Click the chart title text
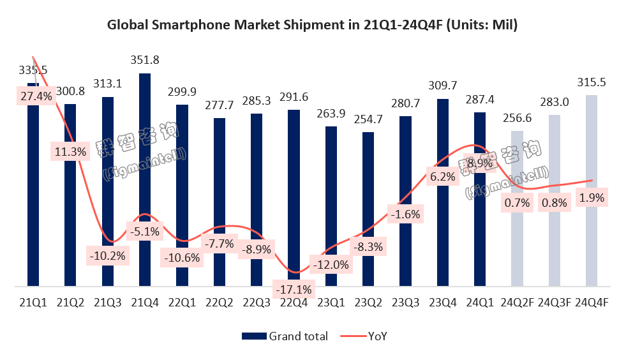[312, 26]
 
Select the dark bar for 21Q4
[145, 179]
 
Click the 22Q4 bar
[294, 197]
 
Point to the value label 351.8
[145, 61]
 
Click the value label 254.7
[368, 120]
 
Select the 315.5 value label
[592, 83]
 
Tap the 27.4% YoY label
[33, 96]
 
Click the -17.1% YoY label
[294, 290]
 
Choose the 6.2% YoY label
[443, 177]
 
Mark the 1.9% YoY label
[592, 198]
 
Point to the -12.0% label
[331, 264]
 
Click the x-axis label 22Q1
[182, 303]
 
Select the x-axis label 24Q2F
[517, 303]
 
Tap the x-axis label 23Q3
[405, 303]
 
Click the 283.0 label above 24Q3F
[555, 103]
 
